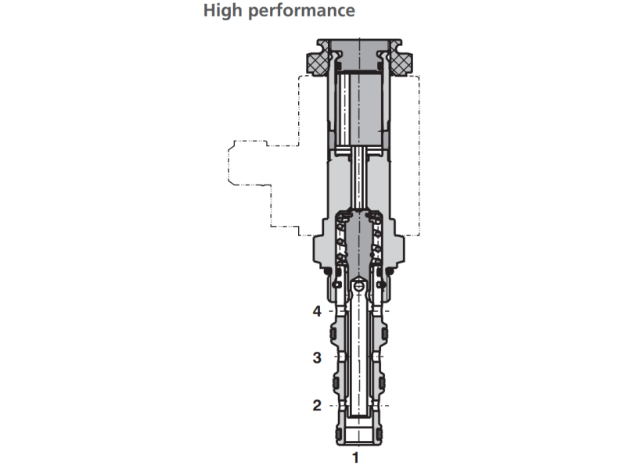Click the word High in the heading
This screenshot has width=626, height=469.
coord(222,12)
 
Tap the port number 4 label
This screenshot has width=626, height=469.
coord(317,311)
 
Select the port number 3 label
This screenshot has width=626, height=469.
coord(317,358)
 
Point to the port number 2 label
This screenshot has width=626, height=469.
coord(317,405)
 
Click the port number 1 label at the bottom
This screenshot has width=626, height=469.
coord(356,456)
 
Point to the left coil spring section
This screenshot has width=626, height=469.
coord(339,242)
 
